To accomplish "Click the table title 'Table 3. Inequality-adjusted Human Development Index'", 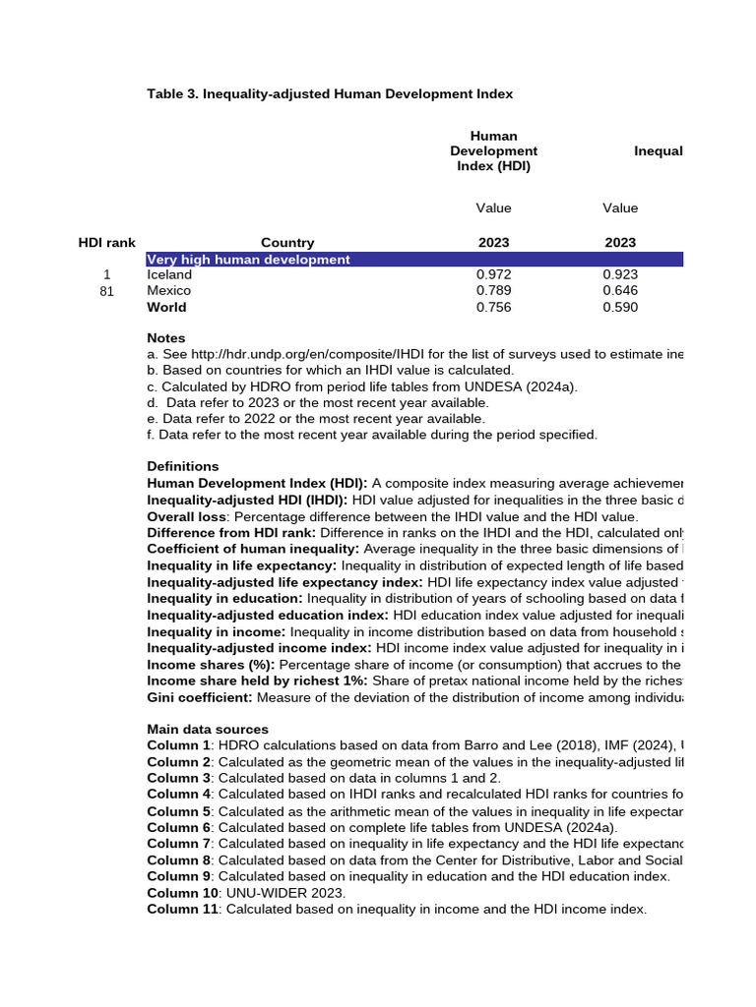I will pyautogui.click(x=330, y=93).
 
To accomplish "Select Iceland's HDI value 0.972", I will pyautogui.click(x=493, y=275).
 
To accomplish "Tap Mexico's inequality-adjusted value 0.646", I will pyautogui.click(x=619, y=291).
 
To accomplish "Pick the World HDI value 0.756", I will pyautogui.click(x=493, y=308).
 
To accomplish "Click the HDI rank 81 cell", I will pyautogui.click(x=106, y=291).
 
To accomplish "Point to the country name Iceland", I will pyautogui.click(x=169, y=275).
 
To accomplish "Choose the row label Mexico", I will pyautogui.click(x=169, y=291).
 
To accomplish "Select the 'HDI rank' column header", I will pyautogui.click(x=106, y=243).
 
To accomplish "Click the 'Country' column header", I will pyautogui.click(x=287, y=243).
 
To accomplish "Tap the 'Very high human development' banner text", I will pyautogui.click(x=248, y=260).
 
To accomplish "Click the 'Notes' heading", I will pyautogui.click(x=166, y=338).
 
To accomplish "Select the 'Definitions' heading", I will pyautogui.click(x=183, y=466).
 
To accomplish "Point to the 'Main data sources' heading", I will pyautogui.click(x=208, y=730).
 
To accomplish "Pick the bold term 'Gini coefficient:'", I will pyautogui.click(x=200, y=697).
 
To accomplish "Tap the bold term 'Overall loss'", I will pyautogui.click(x=186, y=516).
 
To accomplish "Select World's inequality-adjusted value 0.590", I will pyautogui.click(x=619, y=308).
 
